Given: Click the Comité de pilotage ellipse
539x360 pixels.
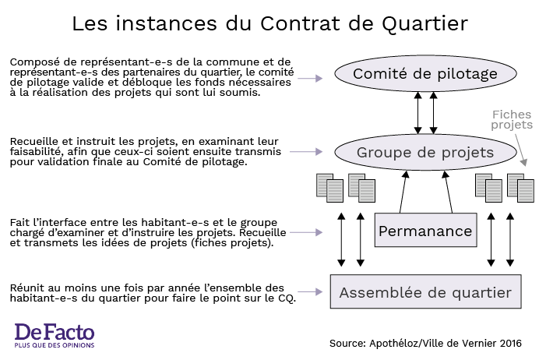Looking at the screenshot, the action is click(x=425, y=73).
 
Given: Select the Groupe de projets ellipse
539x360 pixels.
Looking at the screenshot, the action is click(x=425, y=152).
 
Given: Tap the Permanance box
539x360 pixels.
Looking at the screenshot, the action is click(x=425, y=230).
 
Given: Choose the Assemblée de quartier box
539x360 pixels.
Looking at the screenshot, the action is click(x=425, y=291).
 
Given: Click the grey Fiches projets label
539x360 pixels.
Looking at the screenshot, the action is click(x=512, y=120).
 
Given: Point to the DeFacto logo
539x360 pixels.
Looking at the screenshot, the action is click(x=55, y=335).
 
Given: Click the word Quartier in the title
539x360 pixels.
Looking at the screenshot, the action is click(x=425, y=24).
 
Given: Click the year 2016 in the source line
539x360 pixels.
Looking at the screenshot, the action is click(x=511, y=343).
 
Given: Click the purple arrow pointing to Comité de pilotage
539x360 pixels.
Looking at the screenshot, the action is click(x=310, y=79).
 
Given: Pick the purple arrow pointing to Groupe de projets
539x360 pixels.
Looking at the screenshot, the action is click(x=306, y=152).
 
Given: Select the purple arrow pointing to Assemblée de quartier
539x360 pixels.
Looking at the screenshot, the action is click(x=310, y=292).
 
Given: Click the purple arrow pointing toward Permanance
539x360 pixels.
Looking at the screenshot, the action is click(x=306, y=232).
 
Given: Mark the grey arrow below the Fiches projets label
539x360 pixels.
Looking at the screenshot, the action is click(x=520, y=150).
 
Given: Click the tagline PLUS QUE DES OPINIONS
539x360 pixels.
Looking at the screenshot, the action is click(x=55, y=345).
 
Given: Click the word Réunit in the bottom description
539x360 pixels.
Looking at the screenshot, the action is click(x=26, y=288).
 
